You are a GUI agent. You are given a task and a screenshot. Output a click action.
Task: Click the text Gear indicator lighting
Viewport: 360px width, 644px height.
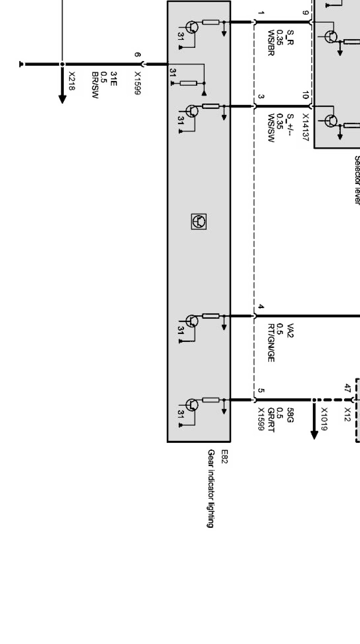click(x=212, y=489)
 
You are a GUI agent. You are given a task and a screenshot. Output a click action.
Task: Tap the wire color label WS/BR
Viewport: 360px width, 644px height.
click(x=271, y=43)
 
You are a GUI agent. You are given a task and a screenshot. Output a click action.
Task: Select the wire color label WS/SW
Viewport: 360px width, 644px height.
click(x=271, y=128)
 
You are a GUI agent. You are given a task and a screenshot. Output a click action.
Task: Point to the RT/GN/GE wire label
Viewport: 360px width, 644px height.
click(x=271, y=343)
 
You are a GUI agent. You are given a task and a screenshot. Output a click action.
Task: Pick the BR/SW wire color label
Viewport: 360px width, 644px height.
click(x=95, y=85)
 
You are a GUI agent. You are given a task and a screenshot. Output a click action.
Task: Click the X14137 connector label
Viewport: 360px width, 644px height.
click(x=306, y=127)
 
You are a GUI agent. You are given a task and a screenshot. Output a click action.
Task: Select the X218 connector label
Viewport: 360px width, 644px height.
click(x=72, y=81)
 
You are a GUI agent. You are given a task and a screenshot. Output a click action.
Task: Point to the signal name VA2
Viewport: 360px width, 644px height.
click(x=291, y=331)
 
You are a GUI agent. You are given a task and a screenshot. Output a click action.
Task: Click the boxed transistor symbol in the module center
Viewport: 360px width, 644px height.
click(x=199, y=222)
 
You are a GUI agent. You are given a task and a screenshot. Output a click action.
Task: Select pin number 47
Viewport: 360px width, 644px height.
click(x=347, y=388)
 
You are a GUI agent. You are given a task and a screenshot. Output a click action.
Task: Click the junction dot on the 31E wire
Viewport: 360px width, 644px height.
click(x=62, y=65)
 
